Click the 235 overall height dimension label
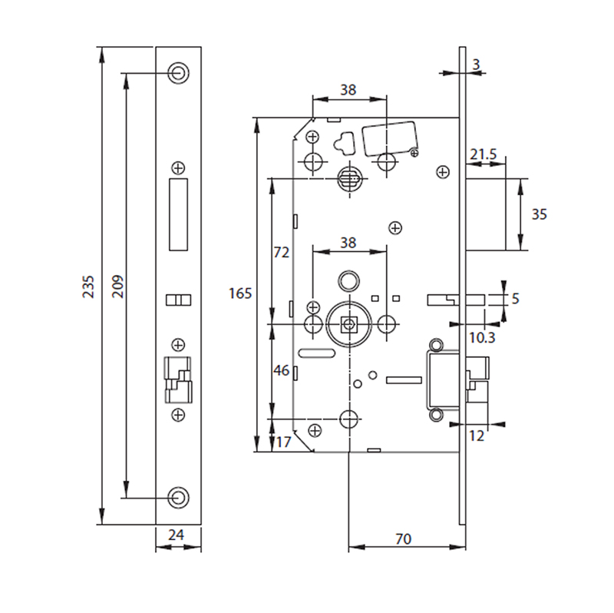(x=89, y=286)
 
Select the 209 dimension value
(x=117, y=286)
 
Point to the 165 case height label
(x=240, y=293)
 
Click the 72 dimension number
(x=281, y=252)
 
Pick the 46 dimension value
(x=281, y=371)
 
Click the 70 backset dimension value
(x=402, y=539)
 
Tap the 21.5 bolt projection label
(x=484, y=155)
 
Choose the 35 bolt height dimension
(x=539, y=214)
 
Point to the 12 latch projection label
(x=477, y=436)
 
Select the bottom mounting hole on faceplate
(x=178, y=496)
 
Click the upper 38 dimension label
(x=348, y=90)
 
